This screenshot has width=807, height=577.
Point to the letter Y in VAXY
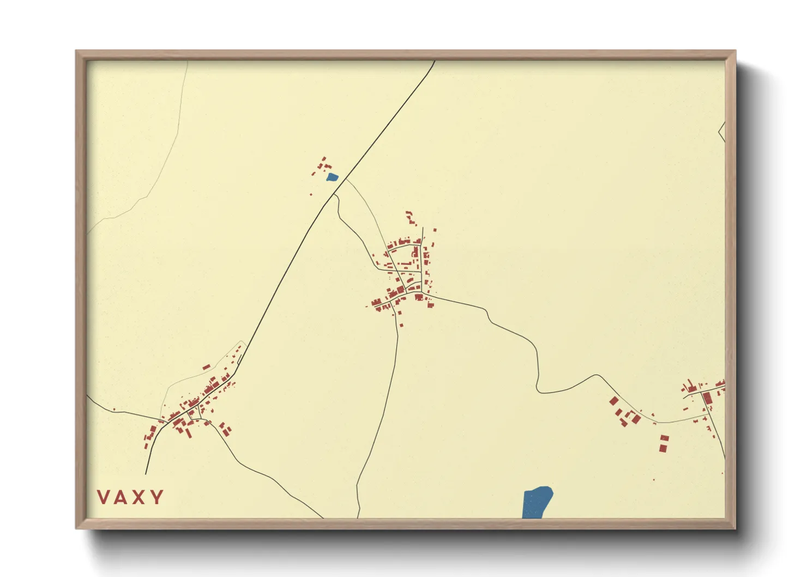coord(157,497)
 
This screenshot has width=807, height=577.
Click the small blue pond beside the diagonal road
coord(332,177)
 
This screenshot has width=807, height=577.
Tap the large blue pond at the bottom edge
coord(537,502)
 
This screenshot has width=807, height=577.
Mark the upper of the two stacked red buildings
coord(664,438)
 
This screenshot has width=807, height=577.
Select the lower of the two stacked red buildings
coord(663,448)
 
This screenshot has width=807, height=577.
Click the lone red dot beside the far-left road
coord(114,409)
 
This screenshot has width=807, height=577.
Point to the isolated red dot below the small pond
coord(311,194)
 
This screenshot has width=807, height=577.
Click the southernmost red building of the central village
coord(402,326)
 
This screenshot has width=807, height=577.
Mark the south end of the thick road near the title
coord(146,473)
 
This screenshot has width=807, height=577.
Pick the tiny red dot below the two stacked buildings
coord(654,480)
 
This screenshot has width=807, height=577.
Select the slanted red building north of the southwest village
coord(206,368)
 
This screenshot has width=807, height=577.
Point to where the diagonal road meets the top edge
coord(435,61)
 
